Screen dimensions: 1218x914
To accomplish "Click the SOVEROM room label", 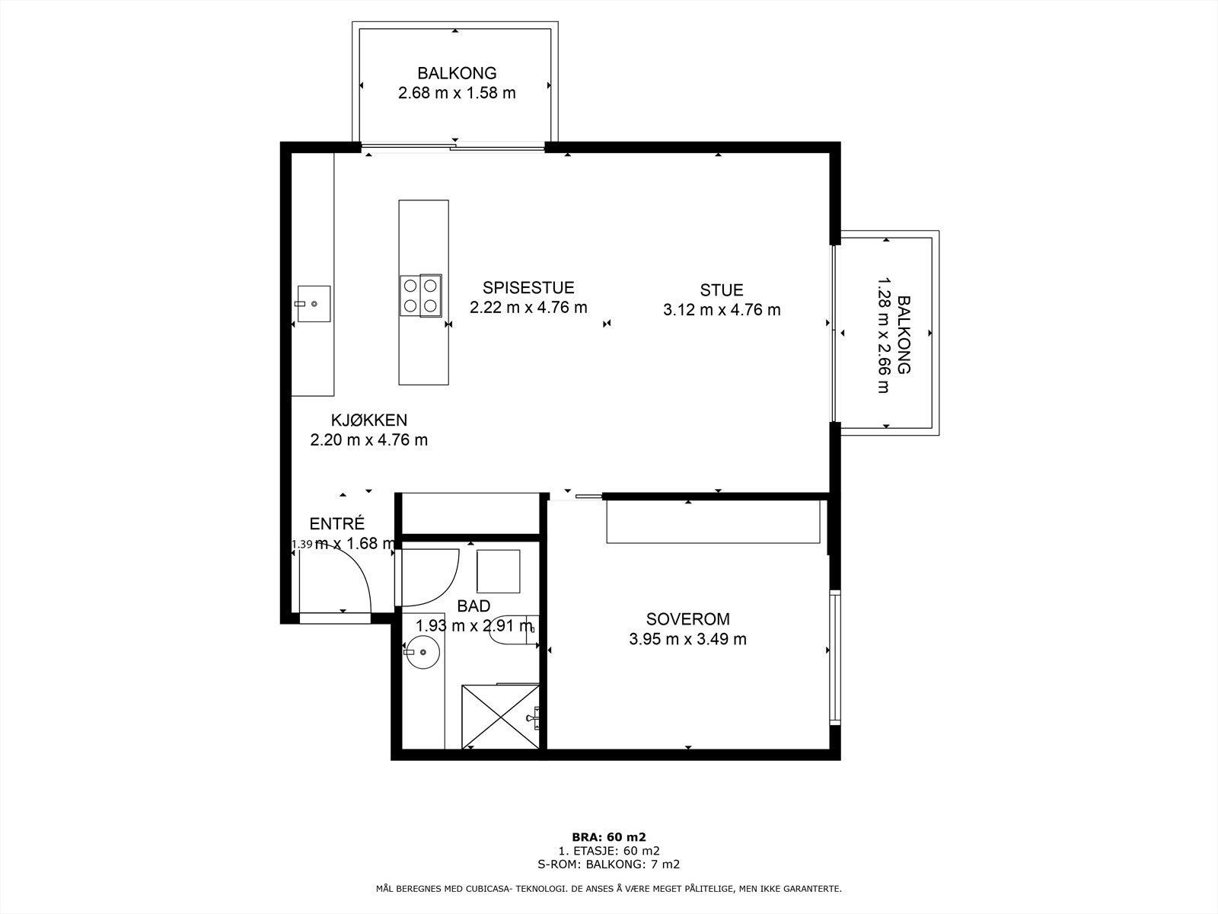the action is (687, 618).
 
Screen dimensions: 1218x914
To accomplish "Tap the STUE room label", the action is (722, 289).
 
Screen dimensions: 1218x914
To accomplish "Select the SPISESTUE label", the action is (528, 287).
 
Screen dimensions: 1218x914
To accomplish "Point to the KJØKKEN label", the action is (369, 420).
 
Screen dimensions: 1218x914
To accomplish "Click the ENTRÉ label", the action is (336, 523).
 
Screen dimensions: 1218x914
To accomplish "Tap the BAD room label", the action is (473, 606).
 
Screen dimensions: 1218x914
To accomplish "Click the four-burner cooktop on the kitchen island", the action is (421, 296).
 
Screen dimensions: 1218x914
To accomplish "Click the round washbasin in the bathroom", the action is (422, 652).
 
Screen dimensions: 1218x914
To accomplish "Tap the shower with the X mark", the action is (500, 717).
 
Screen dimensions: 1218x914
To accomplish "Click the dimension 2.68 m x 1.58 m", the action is (457, 93).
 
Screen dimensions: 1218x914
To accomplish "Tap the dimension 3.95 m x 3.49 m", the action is (687, 639).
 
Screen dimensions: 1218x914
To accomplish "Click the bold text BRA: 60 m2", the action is (609, 852).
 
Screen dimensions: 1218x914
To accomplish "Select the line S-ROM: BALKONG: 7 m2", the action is (609, 880).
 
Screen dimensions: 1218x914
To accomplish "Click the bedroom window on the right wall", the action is (835, 657).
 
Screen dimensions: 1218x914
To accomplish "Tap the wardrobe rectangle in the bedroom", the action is (713, 522).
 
